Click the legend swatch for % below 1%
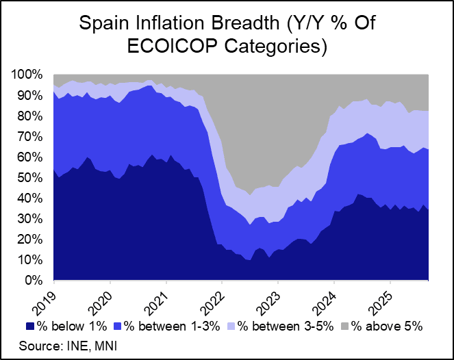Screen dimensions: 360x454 click(30, 326)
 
